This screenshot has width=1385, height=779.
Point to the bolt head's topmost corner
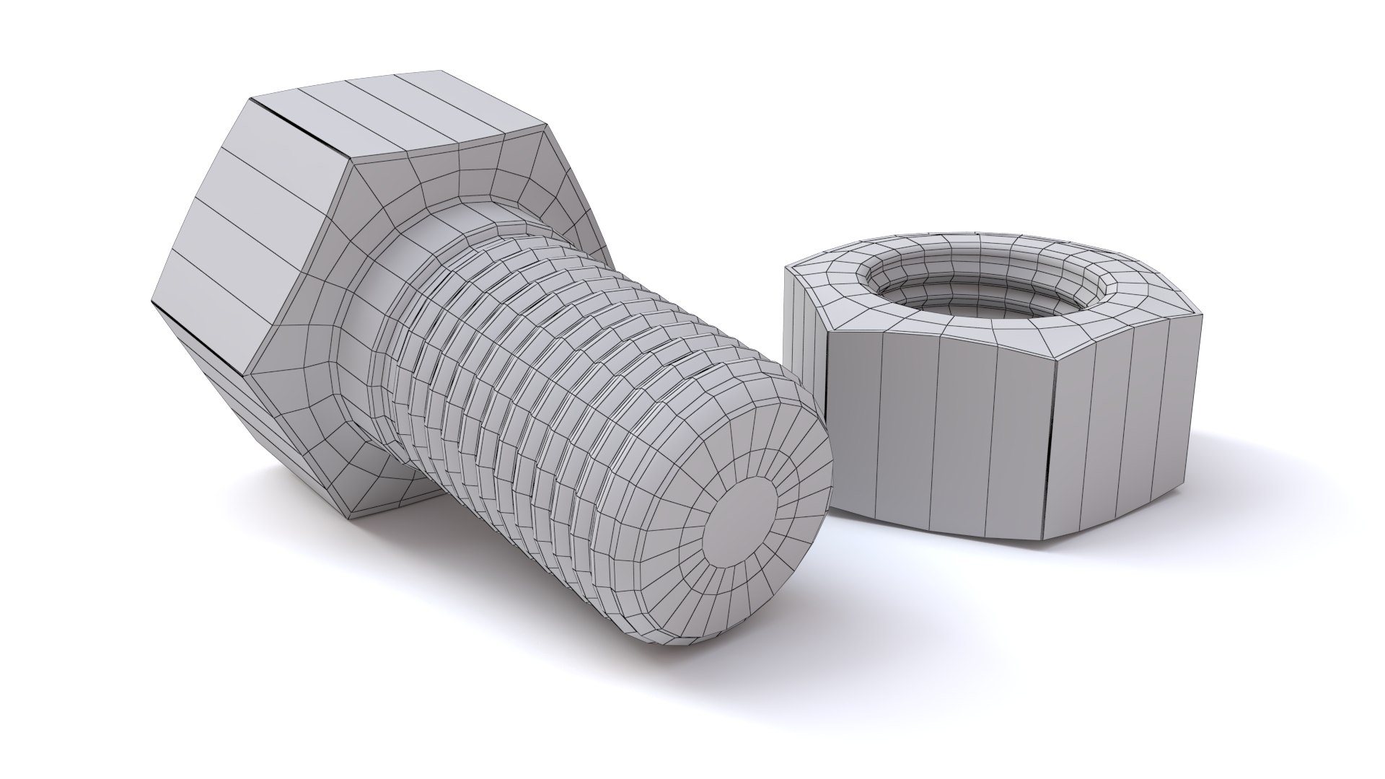coord(440,71)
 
